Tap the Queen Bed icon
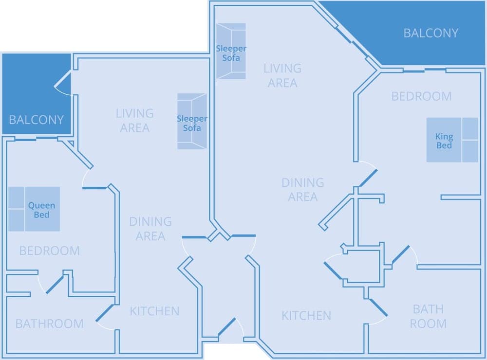click(34, 209)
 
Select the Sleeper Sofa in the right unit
click(231, 51)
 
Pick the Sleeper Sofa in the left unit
click(192, 122)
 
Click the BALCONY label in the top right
click(431, 33)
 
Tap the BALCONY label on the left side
click(37, 120)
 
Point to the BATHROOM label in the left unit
click(49, 324)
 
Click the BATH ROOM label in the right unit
click(428, 316)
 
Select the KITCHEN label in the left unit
click(154, 311)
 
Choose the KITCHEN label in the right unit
click(306, 316)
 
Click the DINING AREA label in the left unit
click(150, 229)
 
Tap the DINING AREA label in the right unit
click(302, 190)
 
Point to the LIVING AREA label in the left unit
click(134, 121)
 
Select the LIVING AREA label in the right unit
click(282, 75)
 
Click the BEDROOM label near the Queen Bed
click(49, 251)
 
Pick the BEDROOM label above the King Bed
click(421, 96)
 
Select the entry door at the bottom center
click(227, 327)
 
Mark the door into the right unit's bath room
click(378, 308)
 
